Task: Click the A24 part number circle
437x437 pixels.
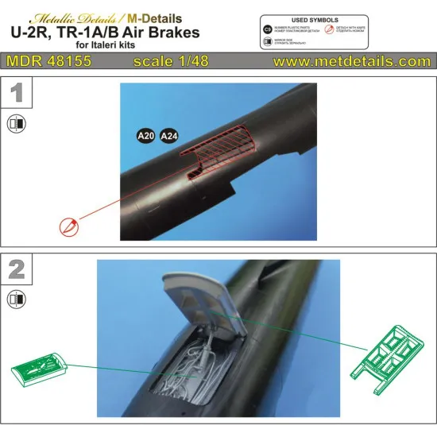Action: [169, 136]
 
